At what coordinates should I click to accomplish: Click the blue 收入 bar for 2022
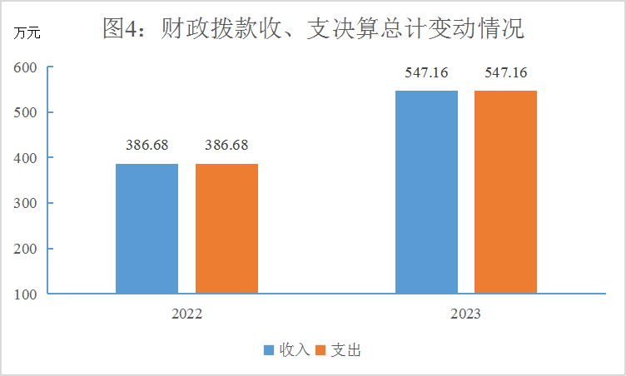147,229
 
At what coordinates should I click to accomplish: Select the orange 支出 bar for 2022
226,229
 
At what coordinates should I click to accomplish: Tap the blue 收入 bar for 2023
426,191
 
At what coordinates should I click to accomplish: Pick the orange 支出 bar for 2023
505,191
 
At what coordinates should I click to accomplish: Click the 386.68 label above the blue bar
147,145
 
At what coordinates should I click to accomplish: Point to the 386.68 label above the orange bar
226,145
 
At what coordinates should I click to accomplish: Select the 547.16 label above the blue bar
426,73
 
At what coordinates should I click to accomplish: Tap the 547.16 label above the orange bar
506,73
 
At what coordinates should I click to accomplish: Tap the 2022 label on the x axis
186,315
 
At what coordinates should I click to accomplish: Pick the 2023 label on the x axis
465,315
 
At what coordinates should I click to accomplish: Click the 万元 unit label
26,34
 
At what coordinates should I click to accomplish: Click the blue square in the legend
269,350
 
